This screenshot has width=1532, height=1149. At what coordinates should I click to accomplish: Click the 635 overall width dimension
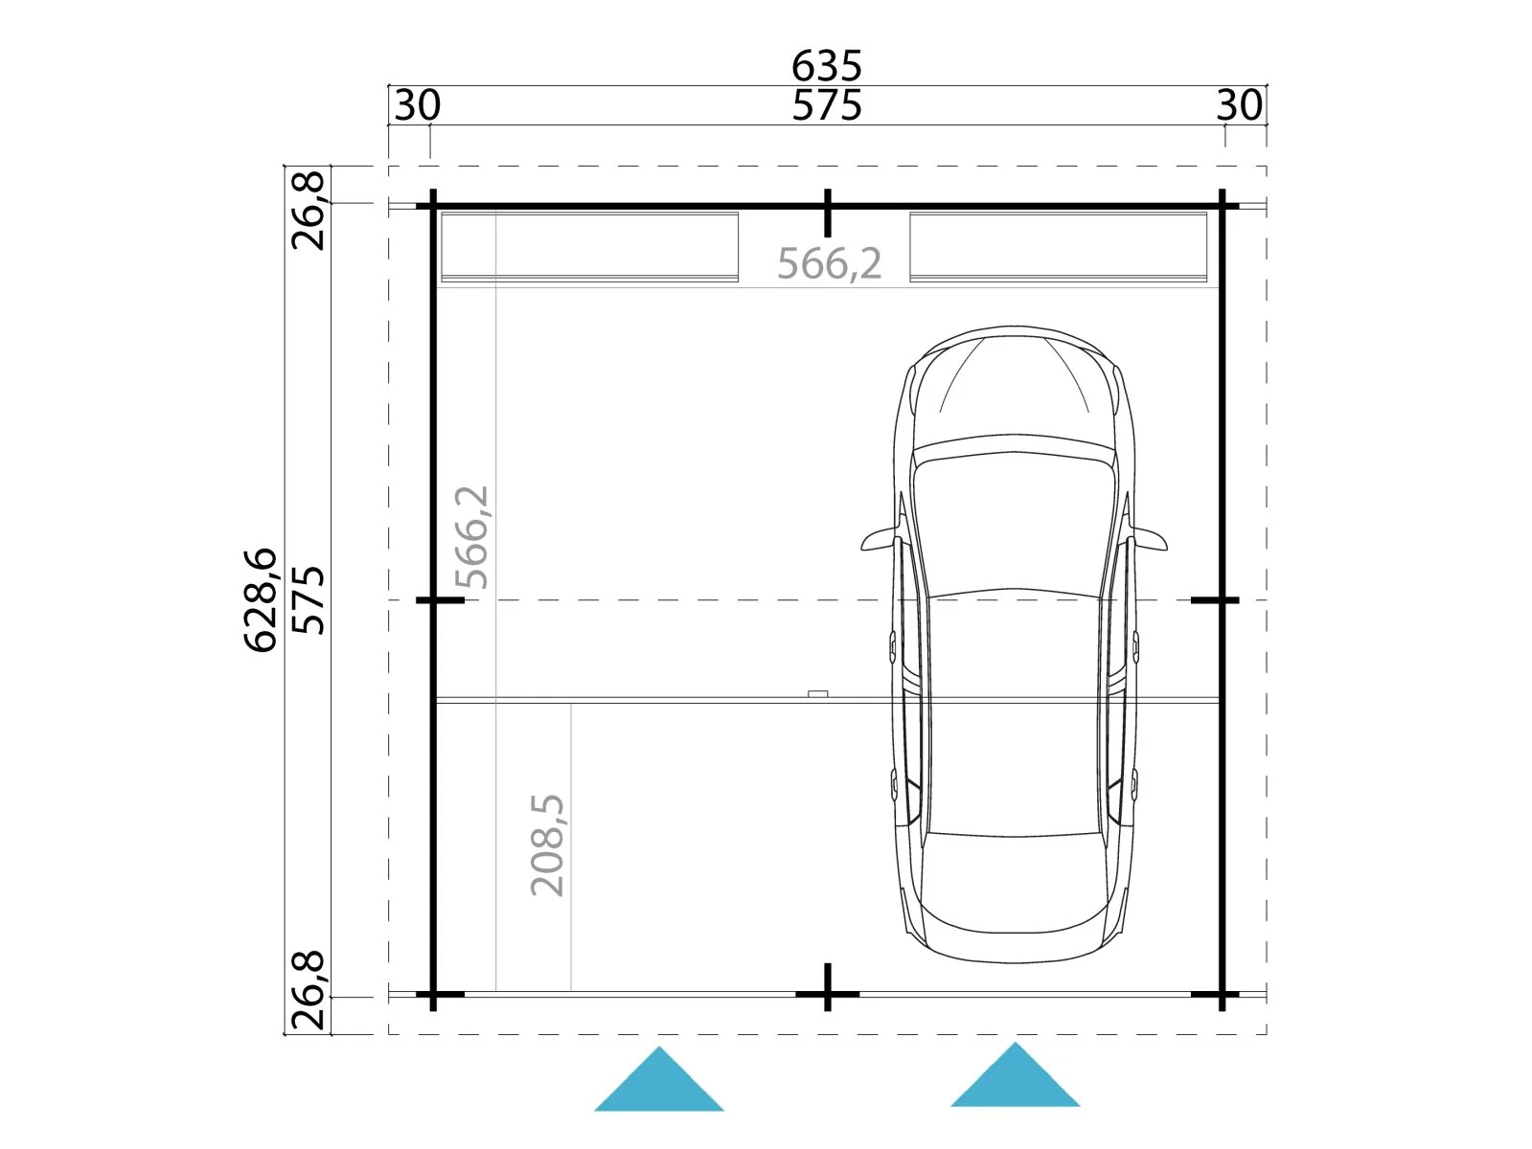(827, 66)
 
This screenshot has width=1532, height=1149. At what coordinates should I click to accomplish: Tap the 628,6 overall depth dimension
(261, 600)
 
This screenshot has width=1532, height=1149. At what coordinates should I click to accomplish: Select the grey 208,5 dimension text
(547, 845)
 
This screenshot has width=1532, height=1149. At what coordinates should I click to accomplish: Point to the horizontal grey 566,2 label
(829, 263)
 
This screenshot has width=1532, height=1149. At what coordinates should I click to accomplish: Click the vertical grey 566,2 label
(471, 537)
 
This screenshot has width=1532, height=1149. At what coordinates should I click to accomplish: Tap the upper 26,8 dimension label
(308, 210)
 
